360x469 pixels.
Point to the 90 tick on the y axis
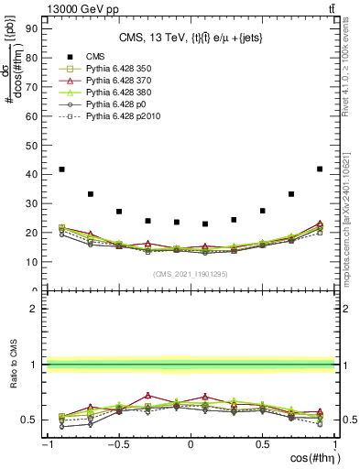pos(36,27)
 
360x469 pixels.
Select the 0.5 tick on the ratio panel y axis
pos(33,420)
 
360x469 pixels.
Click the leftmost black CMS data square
pos(61,169)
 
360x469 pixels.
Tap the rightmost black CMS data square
pos(320,169)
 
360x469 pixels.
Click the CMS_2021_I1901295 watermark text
pos(190,275)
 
